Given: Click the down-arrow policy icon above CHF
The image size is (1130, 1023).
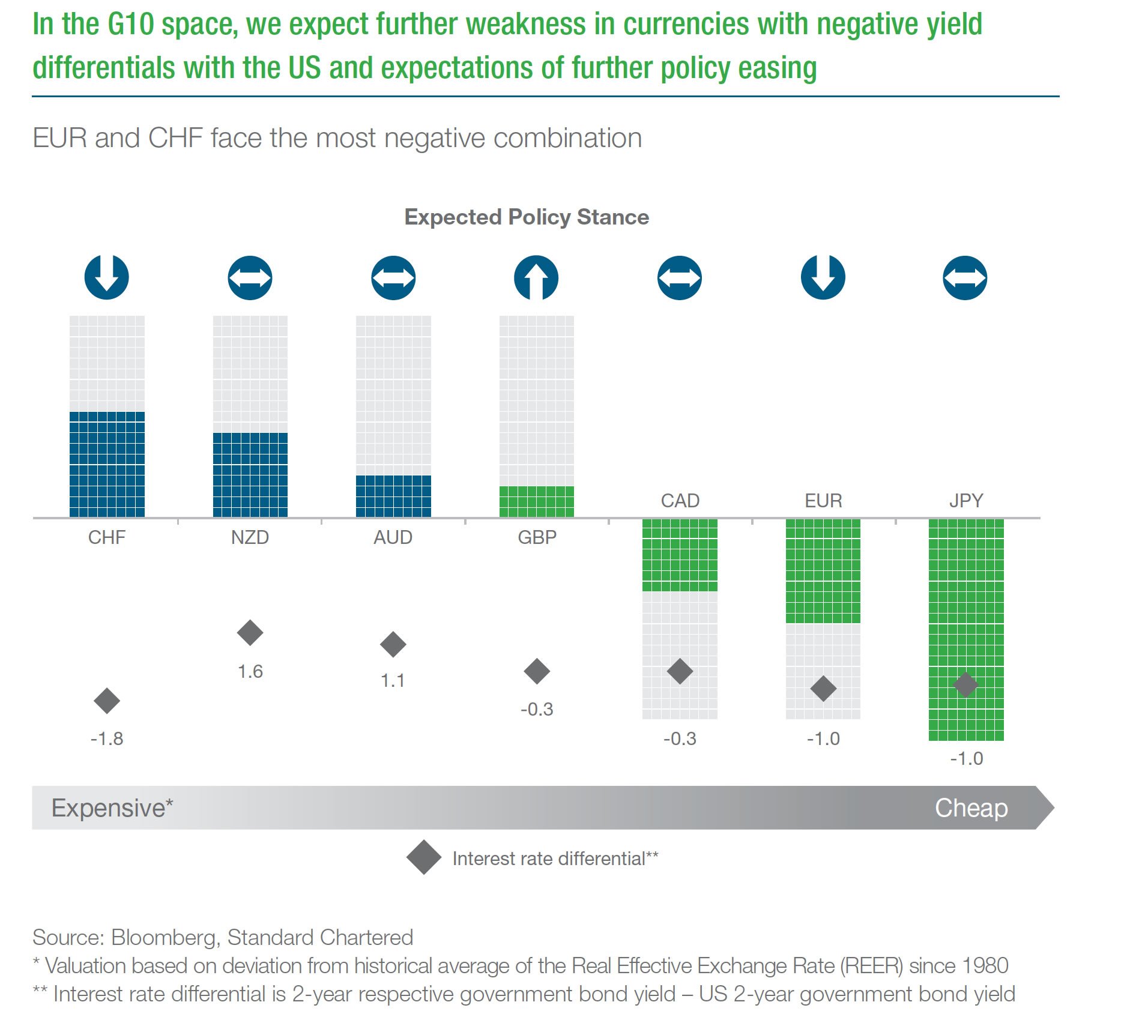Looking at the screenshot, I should (x=107, y=277).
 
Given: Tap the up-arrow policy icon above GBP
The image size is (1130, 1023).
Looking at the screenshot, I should (x=536, y=278).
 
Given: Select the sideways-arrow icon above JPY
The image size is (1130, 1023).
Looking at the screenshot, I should (x=965, y=278).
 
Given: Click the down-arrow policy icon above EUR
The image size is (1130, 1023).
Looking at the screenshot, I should (x=823, y=277).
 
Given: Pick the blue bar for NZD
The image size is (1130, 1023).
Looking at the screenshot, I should (x=250, y=474).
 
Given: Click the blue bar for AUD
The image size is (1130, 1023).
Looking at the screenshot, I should (x=393, y=496).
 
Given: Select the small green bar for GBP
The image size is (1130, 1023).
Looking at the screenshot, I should (x=536, y=501).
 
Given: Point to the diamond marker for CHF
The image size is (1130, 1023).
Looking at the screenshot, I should (x=107, y=701).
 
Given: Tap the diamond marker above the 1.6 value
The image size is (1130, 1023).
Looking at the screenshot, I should (x=250, y=633).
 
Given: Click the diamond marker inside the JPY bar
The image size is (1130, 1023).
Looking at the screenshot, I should (x=966, y=684).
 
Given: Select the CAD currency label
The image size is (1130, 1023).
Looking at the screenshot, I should (x=680, y=501).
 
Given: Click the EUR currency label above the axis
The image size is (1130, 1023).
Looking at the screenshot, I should (x=823, y=501).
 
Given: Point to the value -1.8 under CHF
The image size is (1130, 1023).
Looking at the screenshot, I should (x=107, y=738).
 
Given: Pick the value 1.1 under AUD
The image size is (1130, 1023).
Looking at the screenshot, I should (x=393, y=681).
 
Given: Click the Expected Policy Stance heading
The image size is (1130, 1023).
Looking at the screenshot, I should (x=527, y=217).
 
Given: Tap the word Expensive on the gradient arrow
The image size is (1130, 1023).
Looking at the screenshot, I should (x=109, y=808).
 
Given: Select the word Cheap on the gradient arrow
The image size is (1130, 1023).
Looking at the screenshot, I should (x=971, y=808).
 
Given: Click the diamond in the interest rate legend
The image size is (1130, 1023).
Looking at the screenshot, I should (x=424, y=857).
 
